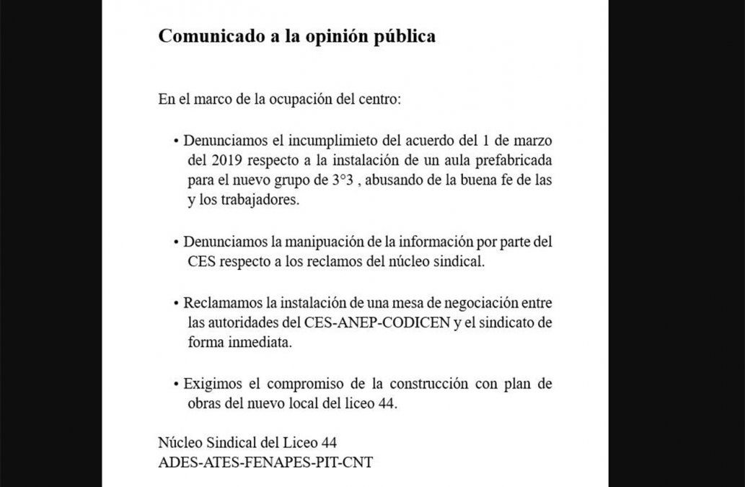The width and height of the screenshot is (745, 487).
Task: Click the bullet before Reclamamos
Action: click(x=176, y=303)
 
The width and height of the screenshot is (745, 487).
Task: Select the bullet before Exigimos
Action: click(x=176, y=384)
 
